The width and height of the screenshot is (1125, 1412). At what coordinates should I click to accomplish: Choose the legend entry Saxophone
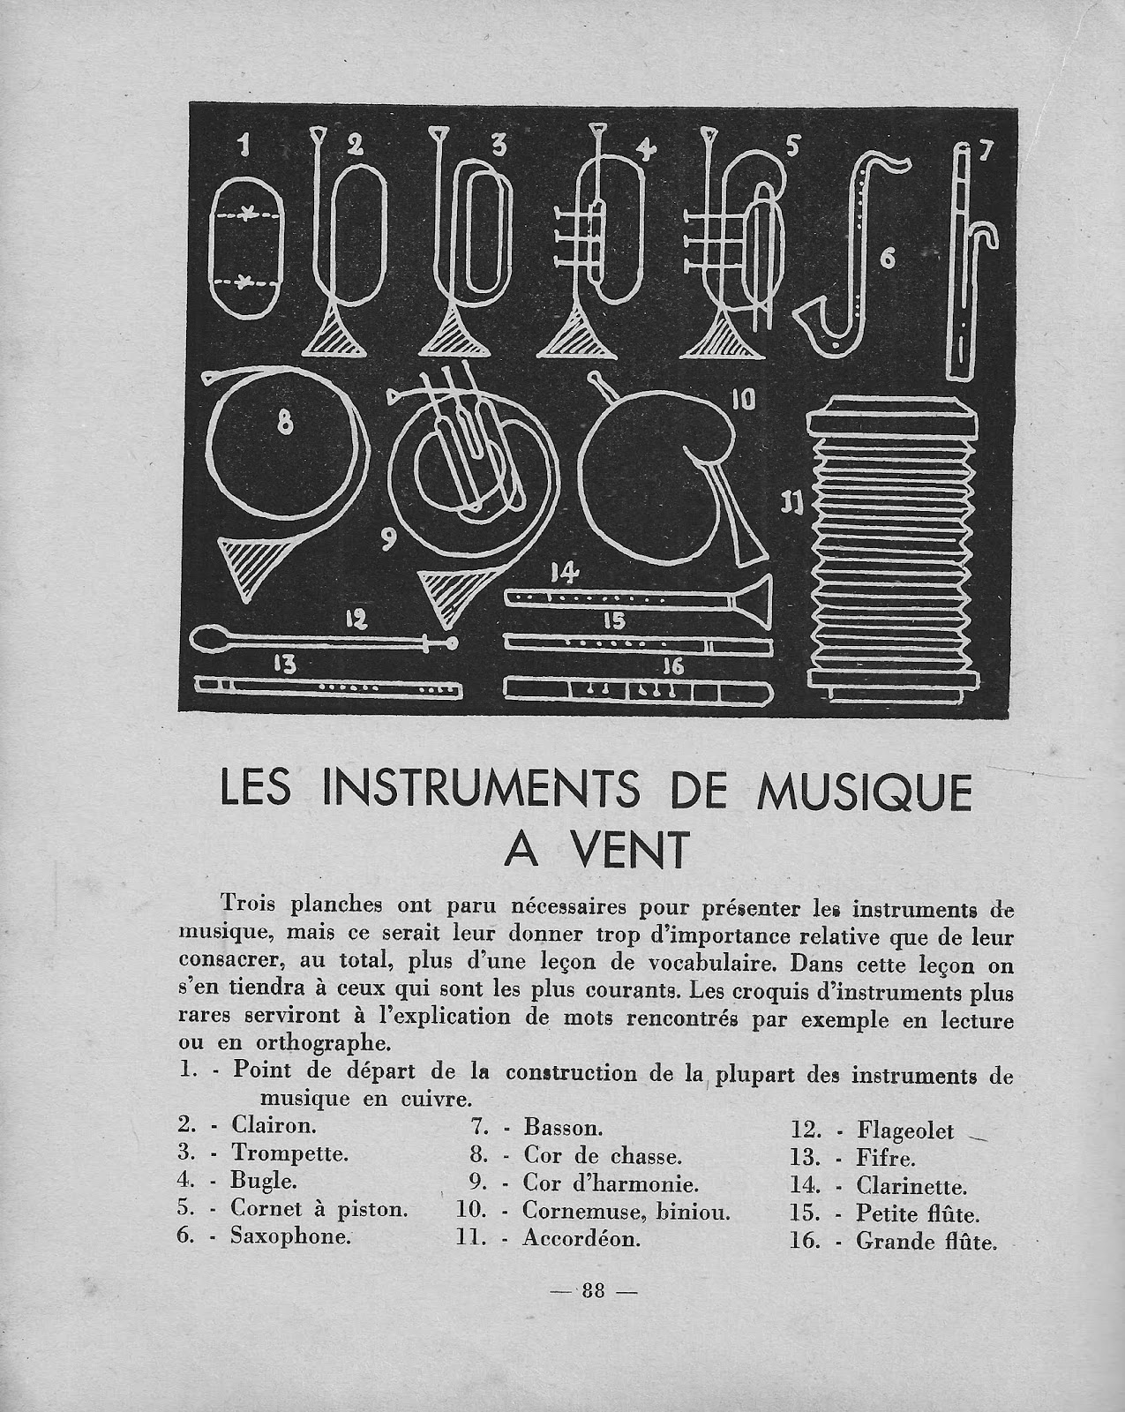(290, 1236)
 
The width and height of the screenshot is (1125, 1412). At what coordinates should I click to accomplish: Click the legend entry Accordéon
(581, 1238)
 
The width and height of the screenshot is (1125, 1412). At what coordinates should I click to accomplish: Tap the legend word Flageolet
(904, 1130)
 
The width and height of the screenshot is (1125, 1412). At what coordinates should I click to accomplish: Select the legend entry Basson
(563, 1127)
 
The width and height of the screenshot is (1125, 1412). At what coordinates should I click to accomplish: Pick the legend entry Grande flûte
(926, 1243)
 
